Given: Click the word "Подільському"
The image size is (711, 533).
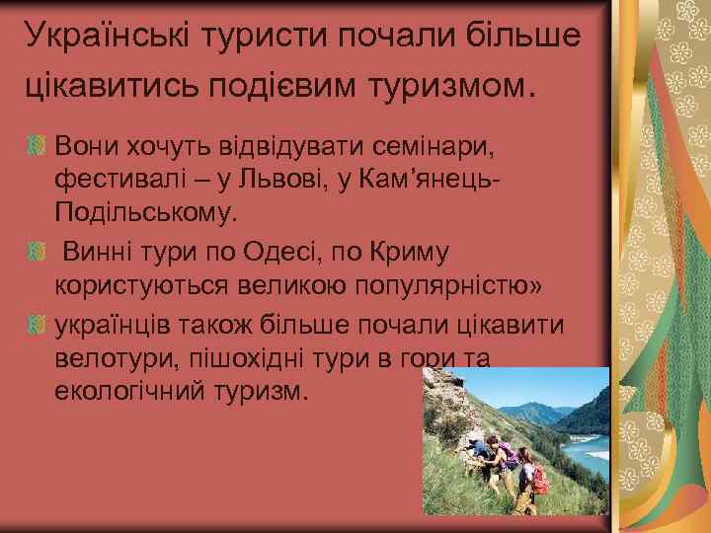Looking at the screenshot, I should pos(147,213).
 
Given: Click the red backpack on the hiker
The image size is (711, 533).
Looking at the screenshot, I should pos(539,480).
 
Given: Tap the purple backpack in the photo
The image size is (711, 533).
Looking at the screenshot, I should pos(509,455).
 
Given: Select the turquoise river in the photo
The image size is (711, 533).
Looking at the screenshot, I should pos(588,449).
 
